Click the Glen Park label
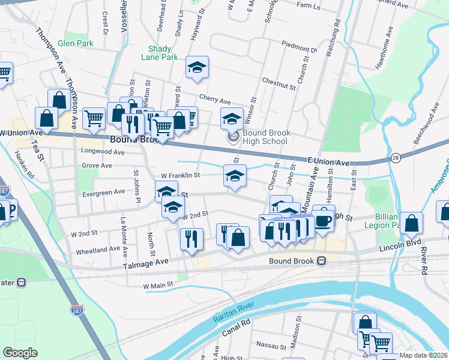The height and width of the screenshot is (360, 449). point(75,44)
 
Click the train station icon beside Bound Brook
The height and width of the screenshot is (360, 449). point(322,261)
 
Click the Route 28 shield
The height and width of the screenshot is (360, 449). point(395,157)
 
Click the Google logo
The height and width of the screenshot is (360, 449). point(20,353)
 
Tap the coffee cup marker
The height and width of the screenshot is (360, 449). point(323,218)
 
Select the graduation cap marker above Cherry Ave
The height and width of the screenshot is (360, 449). point(196,69)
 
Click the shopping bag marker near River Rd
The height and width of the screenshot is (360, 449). point(411,223)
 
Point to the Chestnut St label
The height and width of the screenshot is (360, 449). point(279,83)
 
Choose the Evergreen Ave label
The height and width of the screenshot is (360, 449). point(103,192)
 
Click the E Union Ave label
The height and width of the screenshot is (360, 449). point(328,163)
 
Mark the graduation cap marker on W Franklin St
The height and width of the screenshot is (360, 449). point(235,176)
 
